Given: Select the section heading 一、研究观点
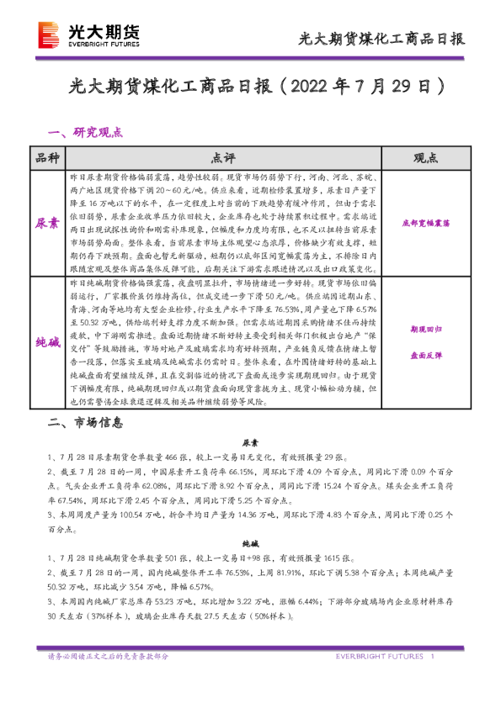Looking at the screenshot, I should pyautogui.click(x=87, y=132).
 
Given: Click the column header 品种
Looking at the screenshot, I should pyautogui.click(x=48, y=158).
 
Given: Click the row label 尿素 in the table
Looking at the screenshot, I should pyautogui.click(x=48, y=224).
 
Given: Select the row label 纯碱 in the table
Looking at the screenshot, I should pyautogui.click(x=48, y=343).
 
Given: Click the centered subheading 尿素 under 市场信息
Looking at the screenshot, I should pyautogui.click(x=250, y=441).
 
